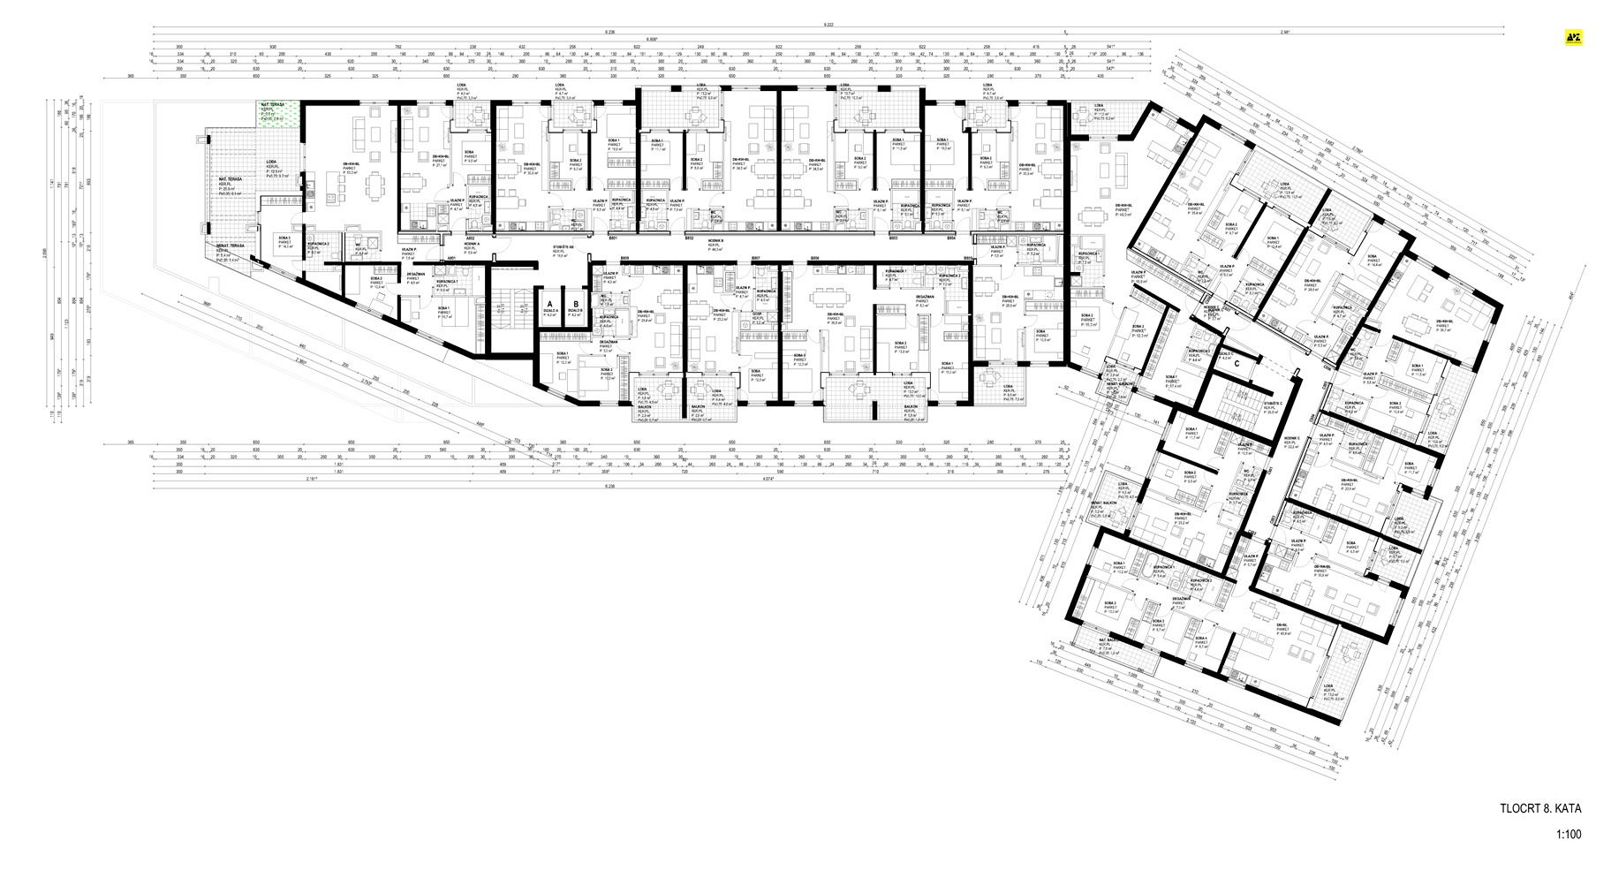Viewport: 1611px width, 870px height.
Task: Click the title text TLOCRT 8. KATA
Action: (x=1539, y=808)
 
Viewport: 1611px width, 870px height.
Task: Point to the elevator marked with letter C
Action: (x=1237, y=361)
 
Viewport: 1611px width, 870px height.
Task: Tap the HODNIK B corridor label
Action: (x=709, y=245)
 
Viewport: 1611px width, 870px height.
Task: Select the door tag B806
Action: (x=814, y=258)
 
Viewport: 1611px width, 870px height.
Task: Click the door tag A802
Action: (x=472, y=238)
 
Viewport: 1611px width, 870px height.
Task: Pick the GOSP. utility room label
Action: (x=756, y=316)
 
